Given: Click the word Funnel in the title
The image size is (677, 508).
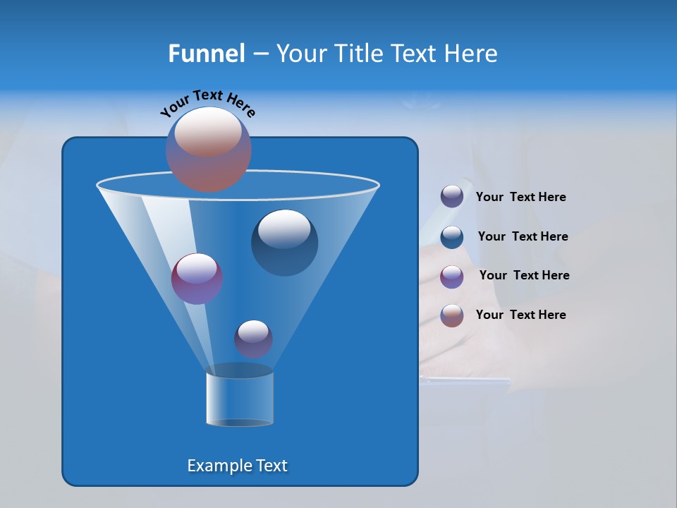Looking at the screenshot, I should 206,54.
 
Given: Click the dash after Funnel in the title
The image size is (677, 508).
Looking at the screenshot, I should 260,54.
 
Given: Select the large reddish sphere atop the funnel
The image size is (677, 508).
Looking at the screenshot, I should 209,149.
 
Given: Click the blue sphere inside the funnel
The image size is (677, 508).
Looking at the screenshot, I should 284,242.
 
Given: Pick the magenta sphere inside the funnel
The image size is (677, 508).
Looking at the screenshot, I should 197,279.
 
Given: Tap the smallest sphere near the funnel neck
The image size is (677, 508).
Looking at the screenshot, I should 253,339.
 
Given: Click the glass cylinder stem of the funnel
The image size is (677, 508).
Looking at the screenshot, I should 240,399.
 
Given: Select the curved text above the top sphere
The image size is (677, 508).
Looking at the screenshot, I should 208,103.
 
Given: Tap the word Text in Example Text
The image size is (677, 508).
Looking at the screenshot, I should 271,466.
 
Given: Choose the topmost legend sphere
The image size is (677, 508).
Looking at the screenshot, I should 452,197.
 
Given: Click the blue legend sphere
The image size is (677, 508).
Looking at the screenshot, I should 452,237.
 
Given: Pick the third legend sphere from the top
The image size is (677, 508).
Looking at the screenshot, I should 452,277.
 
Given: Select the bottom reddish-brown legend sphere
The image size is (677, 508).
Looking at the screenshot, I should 452,315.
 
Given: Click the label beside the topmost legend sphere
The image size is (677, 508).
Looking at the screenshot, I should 520,198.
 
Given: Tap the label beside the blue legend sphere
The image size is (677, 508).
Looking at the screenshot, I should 523,237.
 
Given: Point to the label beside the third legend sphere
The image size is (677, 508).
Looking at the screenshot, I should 524,276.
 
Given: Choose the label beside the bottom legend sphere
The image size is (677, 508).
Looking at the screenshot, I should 520,315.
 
